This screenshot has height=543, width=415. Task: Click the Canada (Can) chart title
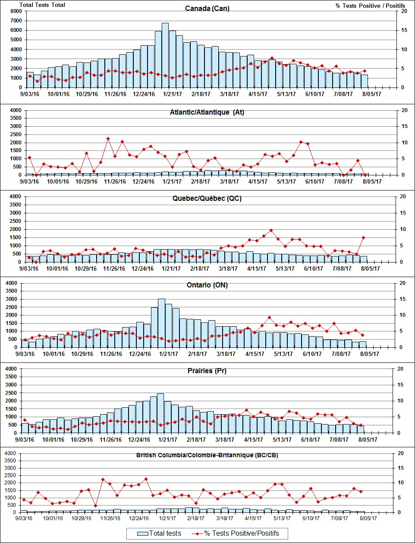pyautogui.click(x=207, y=9)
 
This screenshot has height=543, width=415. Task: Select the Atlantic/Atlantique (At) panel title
pyautogui.click(x=207, y=112)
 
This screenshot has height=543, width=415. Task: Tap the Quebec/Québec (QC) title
pyautogui.click(x=207, y=199)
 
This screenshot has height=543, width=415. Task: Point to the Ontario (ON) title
pyautogui.click(x=207, y=285)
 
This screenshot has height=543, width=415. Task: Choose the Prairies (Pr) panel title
pyautogui.click(x=207, y=371)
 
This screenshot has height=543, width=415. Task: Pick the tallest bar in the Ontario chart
pyautogui.click(x=161, y=323)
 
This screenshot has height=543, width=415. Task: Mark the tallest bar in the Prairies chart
pyautogui.click(x=160, y=413)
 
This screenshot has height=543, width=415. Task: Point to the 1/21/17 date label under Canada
pyautogui.click(x=172, y=94)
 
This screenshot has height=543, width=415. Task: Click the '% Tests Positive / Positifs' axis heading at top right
pyautogui.click(x=370, y=6)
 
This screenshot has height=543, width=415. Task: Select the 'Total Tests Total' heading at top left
pyautogui.click(x=42, y=5)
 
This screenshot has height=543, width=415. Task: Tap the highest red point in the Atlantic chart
pyautogui.click(x=108, y=139)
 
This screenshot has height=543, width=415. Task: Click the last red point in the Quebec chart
pyautogui.click(x=364, y=237)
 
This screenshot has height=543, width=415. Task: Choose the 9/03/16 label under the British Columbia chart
pyautogui.click(x=24, y=518)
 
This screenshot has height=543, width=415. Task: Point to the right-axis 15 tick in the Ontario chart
pyautogui.click(x=402, y=299)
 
